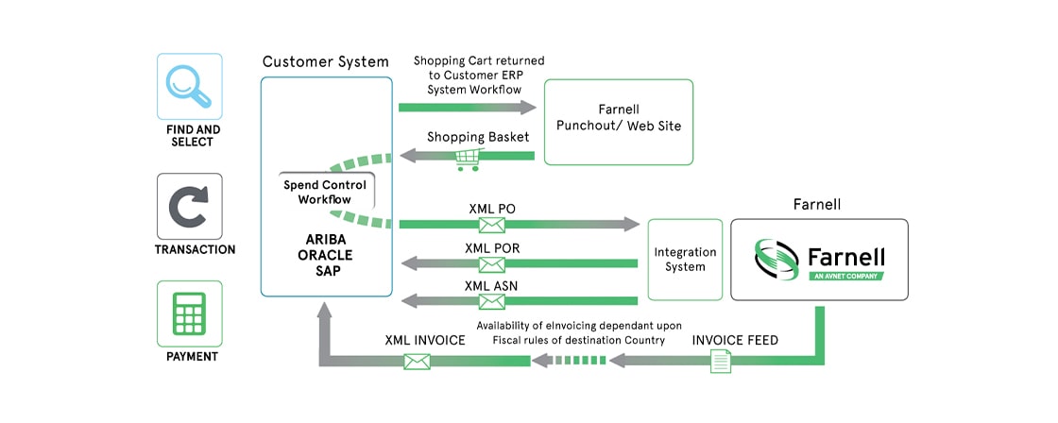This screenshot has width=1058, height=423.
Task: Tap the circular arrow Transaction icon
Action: (190, 206)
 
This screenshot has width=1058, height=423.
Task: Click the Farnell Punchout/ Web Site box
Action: (619, 122)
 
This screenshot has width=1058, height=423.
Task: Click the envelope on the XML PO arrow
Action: (491, 225)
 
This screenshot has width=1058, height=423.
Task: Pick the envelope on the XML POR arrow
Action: (491, 263)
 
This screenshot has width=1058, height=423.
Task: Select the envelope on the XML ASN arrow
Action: (491, 302)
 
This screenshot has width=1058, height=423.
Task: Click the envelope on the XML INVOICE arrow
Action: (417, 361)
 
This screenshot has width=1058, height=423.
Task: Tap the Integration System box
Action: (685, 260)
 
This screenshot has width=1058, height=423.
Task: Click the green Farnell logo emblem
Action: (776, 260)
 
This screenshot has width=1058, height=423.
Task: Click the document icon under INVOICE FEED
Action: (720, 360)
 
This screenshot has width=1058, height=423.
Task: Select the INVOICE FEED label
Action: (735, 340)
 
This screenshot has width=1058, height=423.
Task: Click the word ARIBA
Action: (325, 238)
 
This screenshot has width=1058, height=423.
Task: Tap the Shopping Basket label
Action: (478, 138)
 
